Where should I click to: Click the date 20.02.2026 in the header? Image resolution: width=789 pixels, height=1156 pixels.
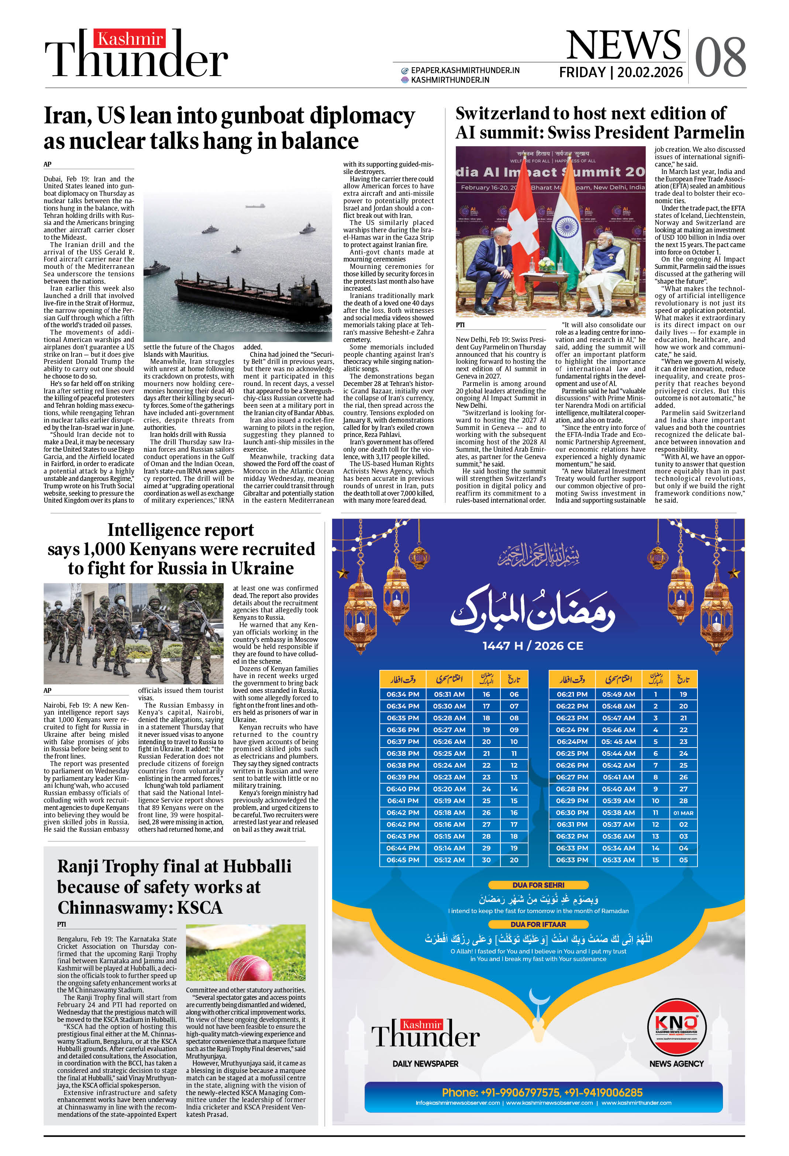[650, 73]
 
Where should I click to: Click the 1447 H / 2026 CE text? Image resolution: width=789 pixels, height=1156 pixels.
[533, 646]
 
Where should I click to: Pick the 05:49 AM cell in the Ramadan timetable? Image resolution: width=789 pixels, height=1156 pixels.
[619, 694]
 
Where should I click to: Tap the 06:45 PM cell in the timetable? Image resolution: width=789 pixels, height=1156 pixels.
[403, 860]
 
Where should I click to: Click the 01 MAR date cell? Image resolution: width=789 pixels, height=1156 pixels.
[683, 813]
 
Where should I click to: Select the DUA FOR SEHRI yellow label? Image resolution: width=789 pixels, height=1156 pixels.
[538, 885]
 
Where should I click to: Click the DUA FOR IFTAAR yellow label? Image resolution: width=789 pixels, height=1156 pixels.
[538, 924]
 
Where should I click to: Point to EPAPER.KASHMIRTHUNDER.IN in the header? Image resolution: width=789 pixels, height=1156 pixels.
[465, 71]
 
